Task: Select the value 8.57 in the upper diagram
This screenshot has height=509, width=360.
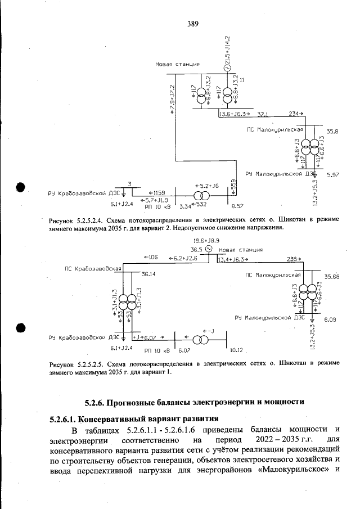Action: point(237,206)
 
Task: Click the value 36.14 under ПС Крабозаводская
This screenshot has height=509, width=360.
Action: point(148,274)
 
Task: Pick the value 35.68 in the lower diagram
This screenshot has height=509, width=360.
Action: point(332,276)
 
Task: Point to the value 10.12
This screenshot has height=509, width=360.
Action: point(236,349)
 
